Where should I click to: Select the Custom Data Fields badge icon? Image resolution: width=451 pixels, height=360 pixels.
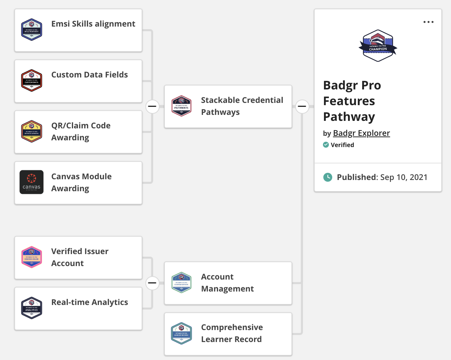pos(31,80)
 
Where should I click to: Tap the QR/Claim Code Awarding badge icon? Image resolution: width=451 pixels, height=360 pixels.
pos(31,131)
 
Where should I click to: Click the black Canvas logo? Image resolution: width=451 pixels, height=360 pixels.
pos(31,182)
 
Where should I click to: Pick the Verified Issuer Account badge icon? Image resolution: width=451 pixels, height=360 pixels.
pos(31,257)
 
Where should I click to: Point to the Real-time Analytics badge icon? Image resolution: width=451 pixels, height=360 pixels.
pos(31,308)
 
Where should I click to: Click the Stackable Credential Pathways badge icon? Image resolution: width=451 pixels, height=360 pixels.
pos(181,106)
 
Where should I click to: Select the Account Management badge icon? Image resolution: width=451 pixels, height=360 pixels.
pos(181,283)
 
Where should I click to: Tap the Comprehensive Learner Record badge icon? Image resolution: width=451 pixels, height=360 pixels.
pos(181,333)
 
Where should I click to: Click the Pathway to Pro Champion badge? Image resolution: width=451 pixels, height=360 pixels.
pos(378,45)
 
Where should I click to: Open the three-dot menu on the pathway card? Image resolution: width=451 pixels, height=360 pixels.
pos(428,22)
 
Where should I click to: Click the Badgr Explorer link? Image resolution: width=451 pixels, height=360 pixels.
pos(361,133)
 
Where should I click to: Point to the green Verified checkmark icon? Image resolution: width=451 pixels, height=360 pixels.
pos(326,145)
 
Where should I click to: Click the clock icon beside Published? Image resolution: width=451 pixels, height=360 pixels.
pos(327,177)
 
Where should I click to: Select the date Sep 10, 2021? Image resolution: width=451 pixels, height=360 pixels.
pos(404,177)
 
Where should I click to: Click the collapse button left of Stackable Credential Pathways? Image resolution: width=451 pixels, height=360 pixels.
pos(152,106)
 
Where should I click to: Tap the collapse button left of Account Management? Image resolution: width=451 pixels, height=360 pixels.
pos(152,283)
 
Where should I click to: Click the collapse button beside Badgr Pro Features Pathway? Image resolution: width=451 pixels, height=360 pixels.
pos(302,106)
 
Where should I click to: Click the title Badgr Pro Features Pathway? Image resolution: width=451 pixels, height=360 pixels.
pos(352,101)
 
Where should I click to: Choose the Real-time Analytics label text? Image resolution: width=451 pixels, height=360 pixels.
pos(90,302)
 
